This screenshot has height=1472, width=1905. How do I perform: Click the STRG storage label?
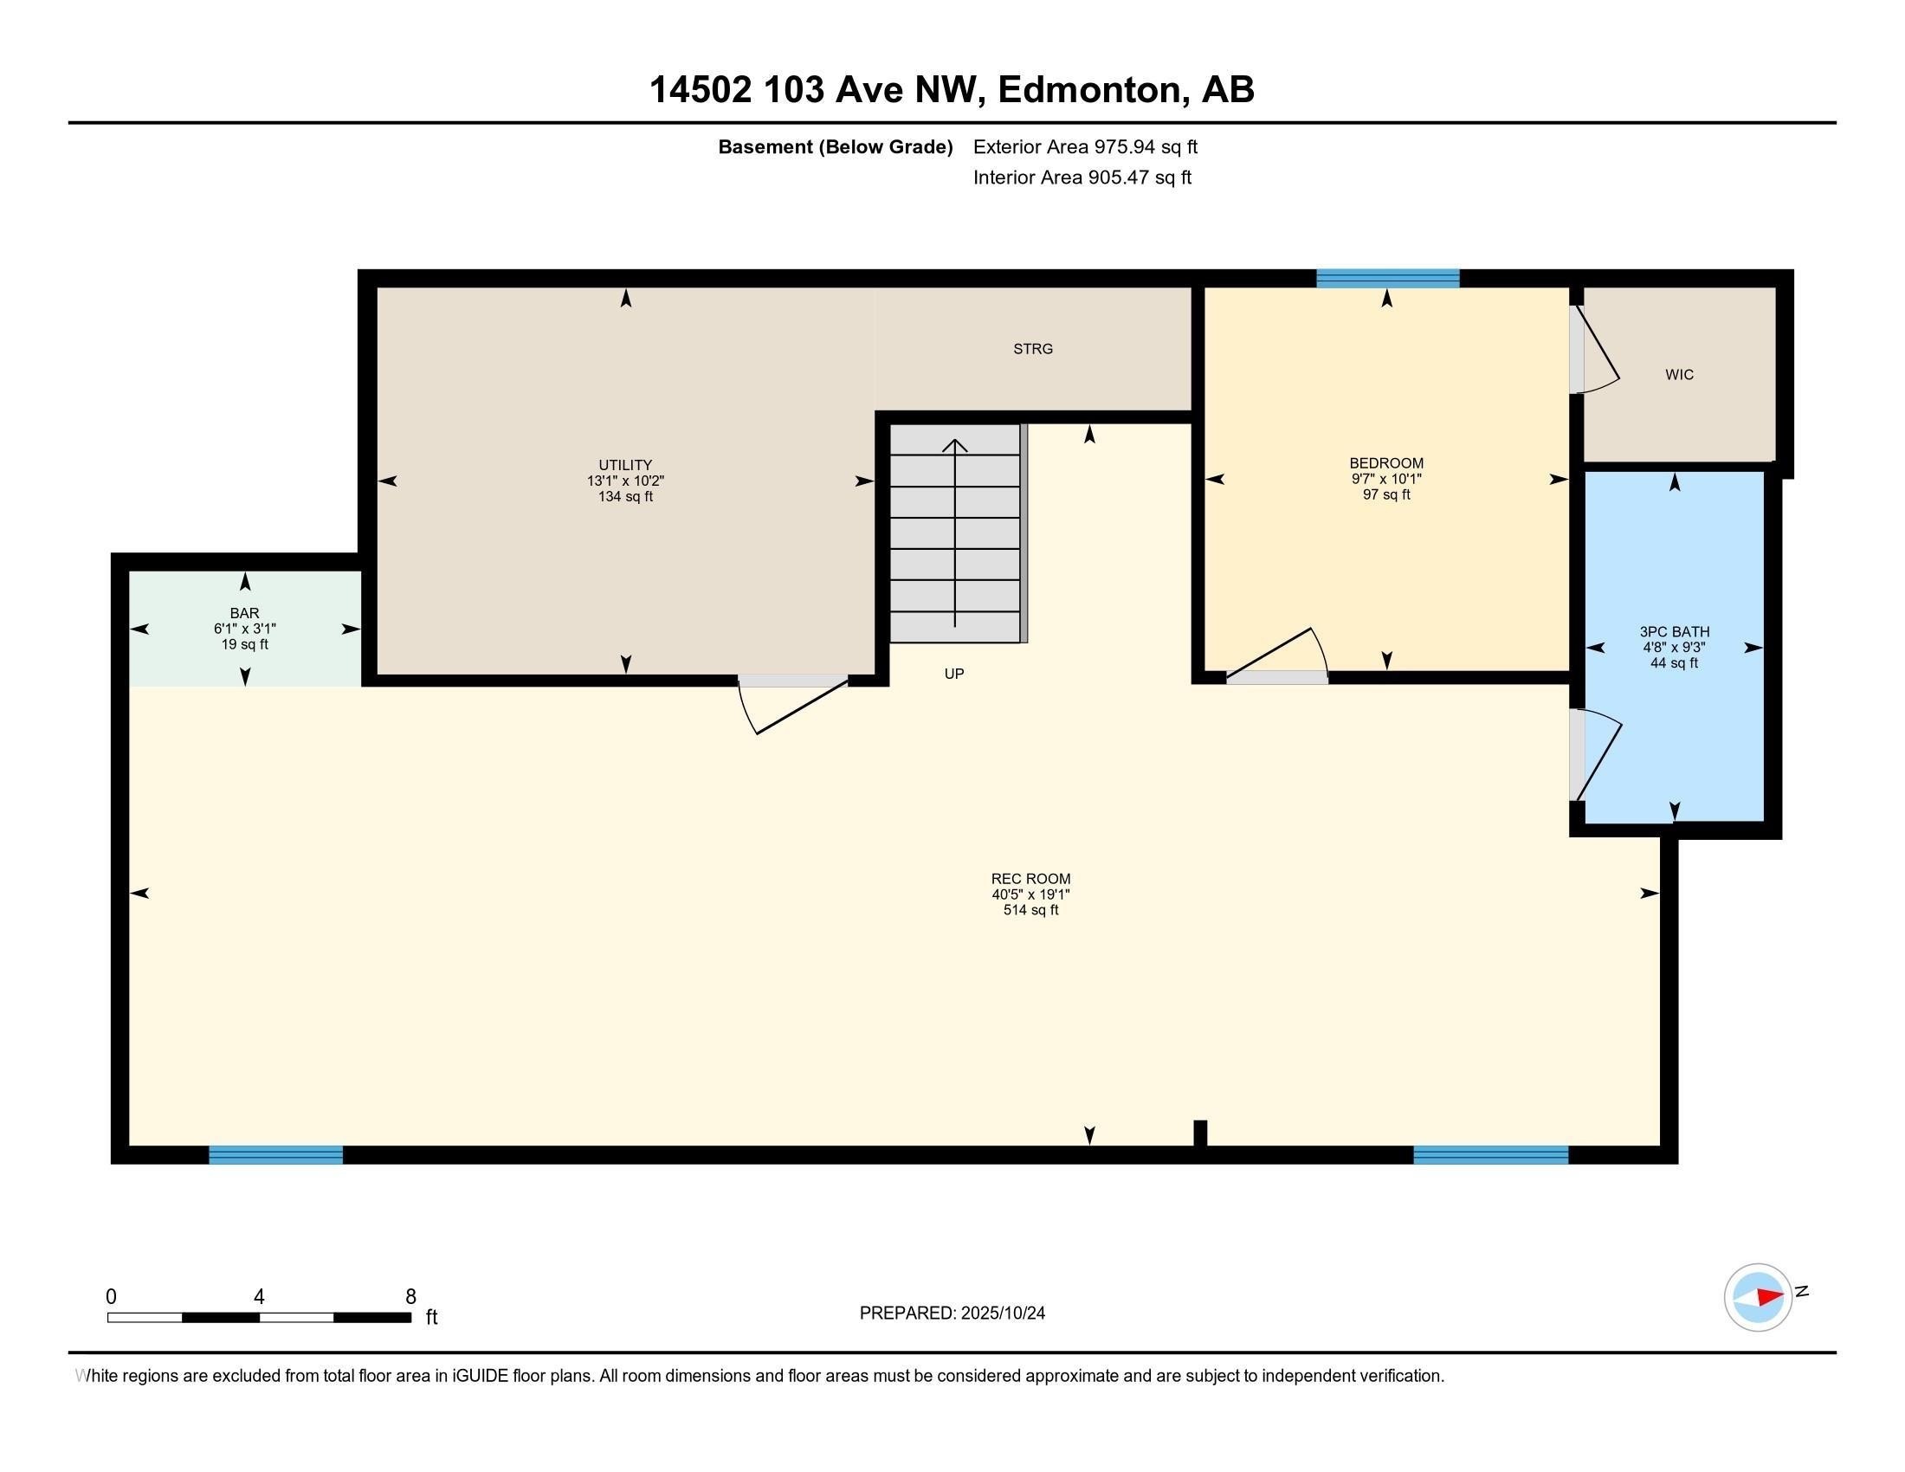(1033, 349)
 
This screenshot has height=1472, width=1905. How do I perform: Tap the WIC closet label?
(1679, 375)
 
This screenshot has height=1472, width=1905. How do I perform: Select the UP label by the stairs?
(954, 674)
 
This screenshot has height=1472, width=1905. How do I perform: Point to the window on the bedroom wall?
(1387, 279)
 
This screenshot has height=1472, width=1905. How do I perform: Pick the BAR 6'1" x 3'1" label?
(245, 629)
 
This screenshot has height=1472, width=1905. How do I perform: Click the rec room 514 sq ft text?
(1030, 910)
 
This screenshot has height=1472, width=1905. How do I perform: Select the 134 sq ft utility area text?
(625, 497)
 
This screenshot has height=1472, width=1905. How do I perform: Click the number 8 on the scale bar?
(410, 1297)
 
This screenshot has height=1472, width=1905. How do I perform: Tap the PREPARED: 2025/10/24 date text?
(952, 1314)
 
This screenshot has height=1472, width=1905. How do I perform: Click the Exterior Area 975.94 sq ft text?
(1085, 147)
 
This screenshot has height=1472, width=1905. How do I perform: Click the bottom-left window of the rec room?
(275, 1155)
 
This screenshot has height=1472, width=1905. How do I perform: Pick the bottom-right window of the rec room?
(1490, 1155)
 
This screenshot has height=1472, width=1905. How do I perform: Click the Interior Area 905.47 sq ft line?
(1082, 178)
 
